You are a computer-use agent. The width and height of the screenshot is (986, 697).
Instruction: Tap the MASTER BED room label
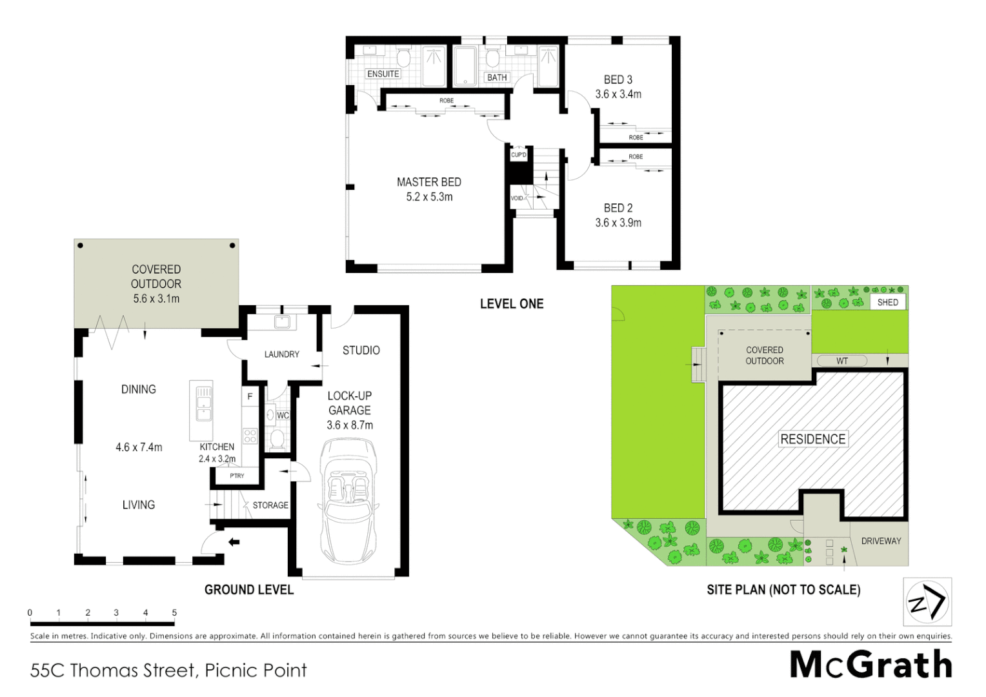[x=429, y=182]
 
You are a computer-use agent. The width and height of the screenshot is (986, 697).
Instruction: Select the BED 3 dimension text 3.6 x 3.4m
[x=618, y=94]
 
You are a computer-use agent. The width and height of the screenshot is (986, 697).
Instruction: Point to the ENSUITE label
[x=383, y=74]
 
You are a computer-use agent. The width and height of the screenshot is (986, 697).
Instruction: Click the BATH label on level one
[x=497, y=77]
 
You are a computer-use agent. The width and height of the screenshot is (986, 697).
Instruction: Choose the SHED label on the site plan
[x=887, y=302]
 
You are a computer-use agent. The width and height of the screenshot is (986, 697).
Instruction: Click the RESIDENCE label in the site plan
[x=812, y=439]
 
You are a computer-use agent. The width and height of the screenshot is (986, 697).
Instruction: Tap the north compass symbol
[x=927, y=602]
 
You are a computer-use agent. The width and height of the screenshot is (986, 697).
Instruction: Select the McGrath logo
[x=871, y=664]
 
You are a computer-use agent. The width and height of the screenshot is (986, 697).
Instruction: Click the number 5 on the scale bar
[x=174, y=612]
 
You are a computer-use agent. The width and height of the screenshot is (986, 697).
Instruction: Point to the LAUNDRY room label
[x=281, y=354]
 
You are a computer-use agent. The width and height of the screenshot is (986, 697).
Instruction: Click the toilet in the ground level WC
[x=277, y=439]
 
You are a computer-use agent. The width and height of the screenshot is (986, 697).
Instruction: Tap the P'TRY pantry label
[x=237, y=476]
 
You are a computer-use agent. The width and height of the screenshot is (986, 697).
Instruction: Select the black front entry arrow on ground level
[x=234, y=542]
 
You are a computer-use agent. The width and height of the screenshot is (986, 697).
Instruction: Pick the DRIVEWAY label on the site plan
[x=881, y=541]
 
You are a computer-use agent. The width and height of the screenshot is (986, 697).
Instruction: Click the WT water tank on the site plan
[x=842, y=361]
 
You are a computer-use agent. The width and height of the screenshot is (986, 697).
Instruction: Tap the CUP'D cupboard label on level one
[x=519, y=155]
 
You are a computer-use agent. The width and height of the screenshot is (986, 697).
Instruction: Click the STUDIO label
[x=361, y=350]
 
